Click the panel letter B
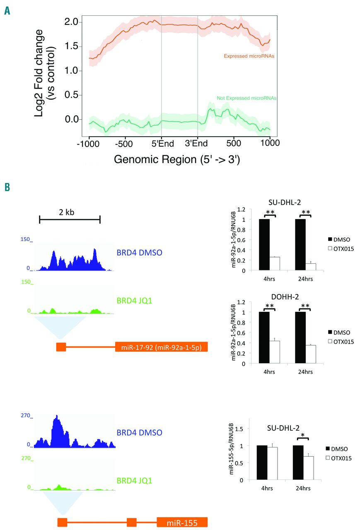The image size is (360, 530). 7,188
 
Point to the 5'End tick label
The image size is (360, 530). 161,143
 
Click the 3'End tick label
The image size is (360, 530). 198,143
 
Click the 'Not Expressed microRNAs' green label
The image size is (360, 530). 246,98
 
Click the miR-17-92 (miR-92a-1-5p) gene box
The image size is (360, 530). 161,347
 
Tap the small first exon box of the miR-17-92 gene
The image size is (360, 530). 61,347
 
